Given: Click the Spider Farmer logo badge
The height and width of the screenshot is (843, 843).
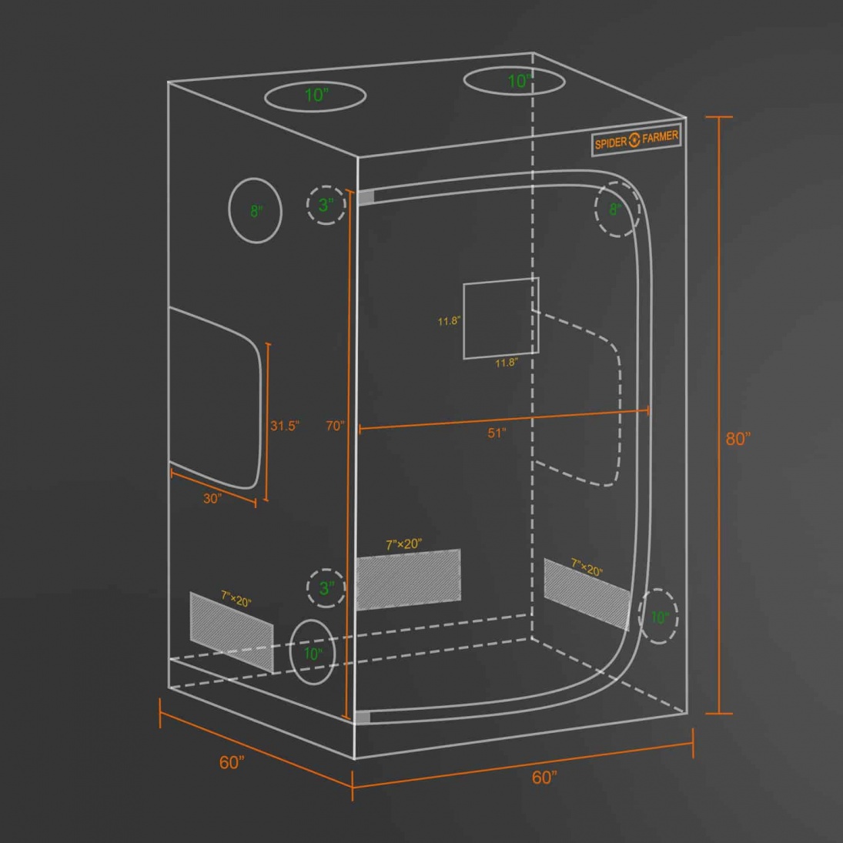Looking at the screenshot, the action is point(636,140).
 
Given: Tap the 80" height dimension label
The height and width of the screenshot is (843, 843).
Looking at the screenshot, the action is point(738,439).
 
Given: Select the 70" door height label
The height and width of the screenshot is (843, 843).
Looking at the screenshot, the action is point(334,426).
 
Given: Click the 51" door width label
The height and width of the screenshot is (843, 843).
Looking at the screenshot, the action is point(497,433).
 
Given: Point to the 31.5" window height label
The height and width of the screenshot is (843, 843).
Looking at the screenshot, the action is point(284,426).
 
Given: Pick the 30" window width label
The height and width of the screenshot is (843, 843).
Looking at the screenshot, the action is point(212,498).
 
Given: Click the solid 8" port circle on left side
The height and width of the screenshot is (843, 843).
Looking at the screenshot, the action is point(256,210).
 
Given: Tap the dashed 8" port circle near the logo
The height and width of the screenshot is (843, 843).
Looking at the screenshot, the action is point(617,209).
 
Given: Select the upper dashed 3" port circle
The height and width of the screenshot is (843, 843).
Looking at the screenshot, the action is point(326,205).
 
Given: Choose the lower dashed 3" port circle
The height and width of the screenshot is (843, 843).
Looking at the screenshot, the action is point(326,587).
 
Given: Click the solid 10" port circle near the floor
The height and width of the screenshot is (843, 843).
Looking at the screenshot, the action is point(313,652).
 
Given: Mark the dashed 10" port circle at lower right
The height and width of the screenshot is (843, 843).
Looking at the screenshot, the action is point(658,616).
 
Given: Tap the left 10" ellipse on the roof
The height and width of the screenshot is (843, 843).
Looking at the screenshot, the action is point(315,96).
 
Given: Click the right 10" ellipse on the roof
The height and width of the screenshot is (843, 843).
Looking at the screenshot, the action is point(514,82).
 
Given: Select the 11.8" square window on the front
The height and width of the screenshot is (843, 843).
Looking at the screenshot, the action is point(501,318).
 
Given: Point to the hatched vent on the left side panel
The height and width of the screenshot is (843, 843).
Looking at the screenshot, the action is point(232,632).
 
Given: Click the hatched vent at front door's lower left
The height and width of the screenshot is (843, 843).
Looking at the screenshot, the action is point(409,580).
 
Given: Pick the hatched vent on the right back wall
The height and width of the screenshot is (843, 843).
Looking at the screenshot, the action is point(587,594).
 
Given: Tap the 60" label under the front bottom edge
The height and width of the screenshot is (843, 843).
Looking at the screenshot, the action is point(544,778).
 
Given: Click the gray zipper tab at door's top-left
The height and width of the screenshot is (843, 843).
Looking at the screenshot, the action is point(366,197).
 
